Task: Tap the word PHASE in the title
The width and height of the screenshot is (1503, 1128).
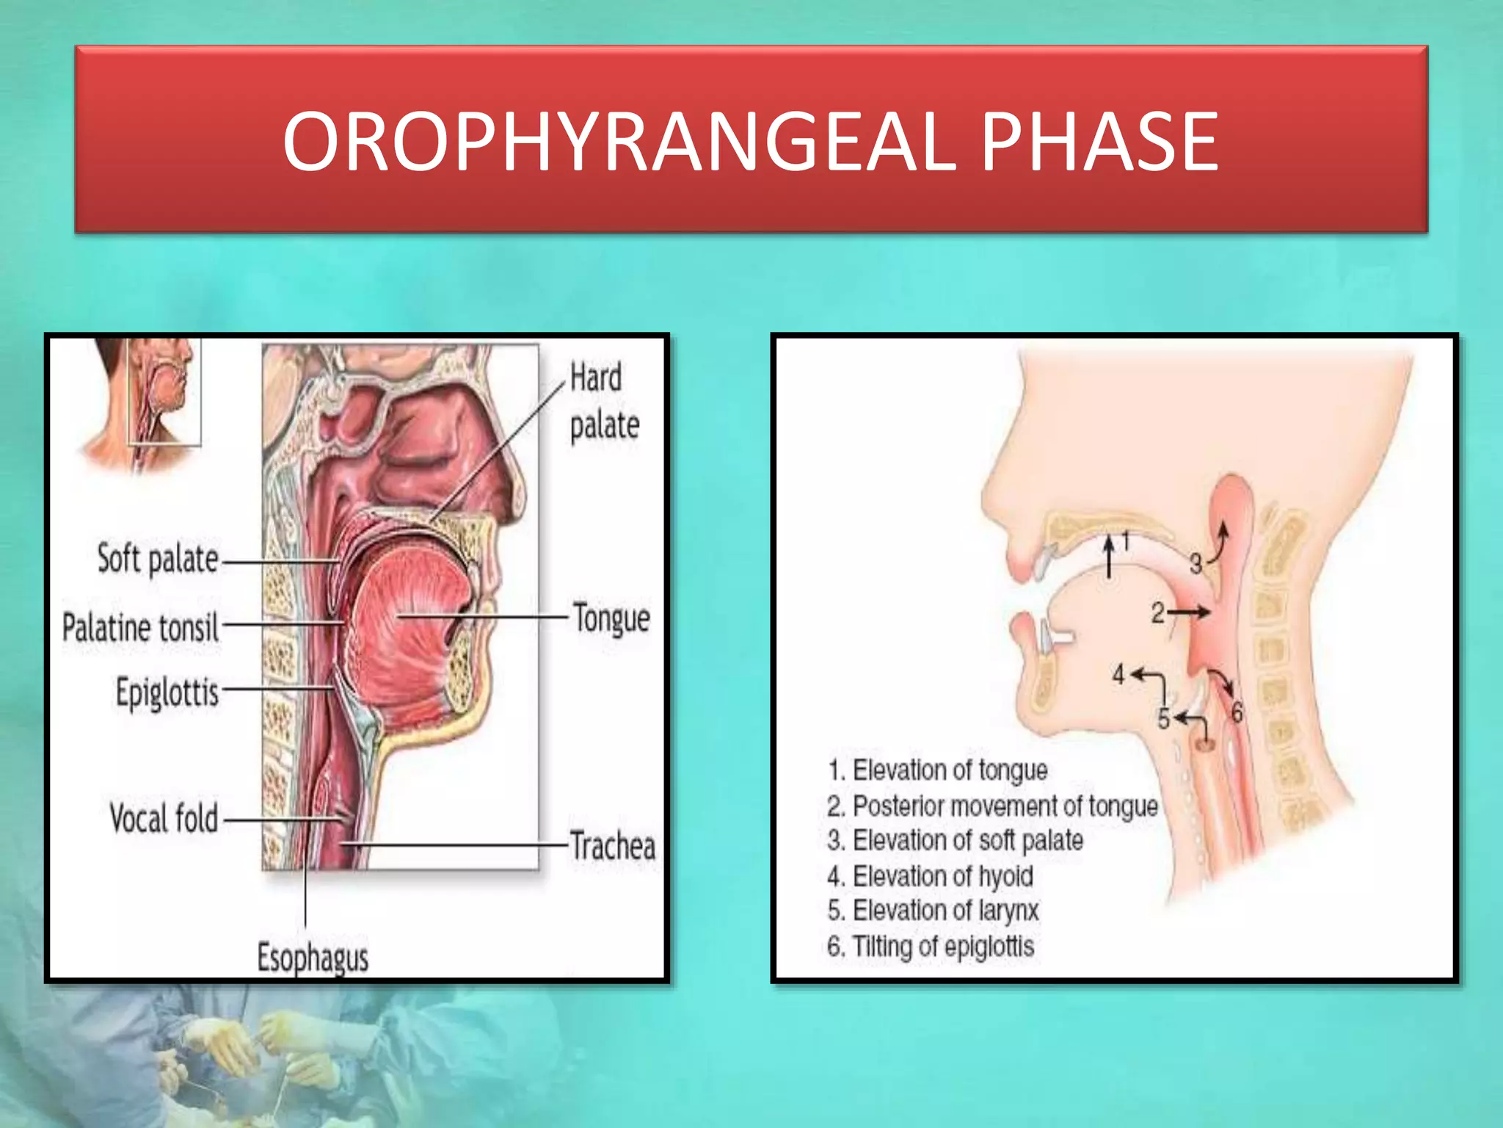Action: [1099, 142]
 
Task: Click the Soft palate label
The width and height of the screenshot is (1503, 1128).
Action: [158, 560]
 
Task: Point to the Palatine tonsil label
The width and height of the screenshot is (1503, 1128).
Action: [140, 628]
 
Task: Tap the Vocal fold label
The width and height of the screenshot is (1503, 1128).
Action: [164, 818]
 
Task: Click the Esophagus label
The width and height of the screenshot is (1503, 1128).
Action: [313, 958]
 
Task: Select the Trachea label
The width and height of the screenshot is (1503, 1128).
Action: [613, 845]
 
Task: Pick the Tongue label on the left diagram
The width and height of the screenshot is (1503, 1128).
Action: [611, 618]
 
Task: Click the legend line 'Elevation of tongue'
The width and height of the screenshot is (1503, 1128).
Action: [938, 770]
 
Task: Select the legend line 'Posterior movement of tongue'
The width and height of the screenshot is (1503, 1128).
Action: [992, 806]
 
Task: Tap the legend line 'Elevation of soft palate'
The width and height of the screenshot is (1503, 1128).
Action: [956, 840]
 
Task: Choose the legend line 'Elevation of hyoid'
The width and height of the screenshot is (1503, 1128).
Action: [931, 876]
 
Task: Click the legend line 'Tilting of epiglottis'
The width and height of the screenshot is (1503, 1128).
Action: [931, 946]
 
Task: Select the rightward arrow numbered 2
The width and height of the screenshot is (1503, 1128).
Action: [1190, 612]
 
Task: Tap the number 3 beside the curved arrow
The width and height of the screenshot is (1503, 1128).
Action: [1196, 564]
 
